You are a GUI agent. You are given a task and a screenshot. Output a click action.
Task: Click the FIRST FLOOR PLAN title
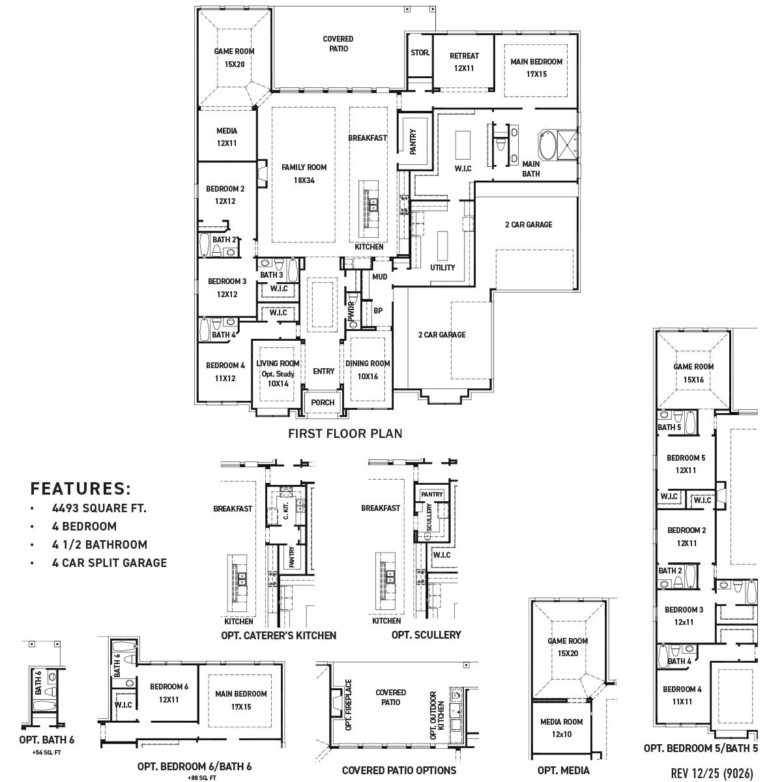click(x=345, y=433)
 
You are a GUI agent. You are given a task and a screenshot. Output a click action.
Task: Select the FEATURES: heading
click(x=81, y=489)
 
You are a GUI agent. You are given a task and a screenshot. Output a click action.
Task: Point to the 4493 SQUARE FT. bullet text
click(x=99, y=508)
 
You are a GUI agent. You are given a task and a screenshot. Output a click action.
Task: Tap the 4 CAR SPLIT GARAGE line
click(x=109, y=563)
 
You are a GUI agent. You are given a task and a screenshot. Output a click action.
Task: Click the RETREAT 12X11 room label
click(x=464, y=62)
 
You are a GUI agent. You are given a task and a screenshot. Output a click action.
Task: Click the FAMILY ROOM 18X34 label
click(x=304, y=173)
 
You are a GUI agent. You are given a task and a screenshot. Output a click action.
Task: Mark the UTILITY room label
click(x=442, y=268)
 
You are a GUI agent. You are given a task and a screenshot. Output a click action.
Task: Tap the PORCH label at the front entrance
click(x=323, y=403)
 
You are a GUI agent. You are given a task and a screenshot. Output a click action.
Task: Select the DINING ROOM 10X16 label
click(x=368, y=369)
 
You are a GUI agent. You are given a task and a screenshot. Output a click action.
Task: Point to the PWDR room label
click(x=351, y=307)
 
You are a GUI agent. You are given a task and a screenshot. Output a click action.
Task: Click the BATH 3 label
click(x=271, y=275)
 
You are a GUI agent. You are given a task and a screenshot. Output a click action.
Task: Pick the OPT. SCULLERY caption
click(x=426, y=635)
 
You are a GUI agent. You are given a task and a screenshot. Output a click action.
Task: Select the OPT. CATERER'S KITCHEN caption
click(x=279, y=635)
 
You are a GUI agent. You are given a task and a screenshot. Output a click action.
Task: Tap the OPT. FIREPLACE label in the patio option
click(x=349, y=704)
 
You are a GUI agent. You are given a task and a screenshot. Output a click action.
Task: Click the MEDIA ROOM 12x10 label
click(x=561, y=728)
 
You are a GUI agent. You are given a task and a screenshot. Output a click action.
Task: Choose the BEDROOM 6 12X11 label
click(x=169, y=693)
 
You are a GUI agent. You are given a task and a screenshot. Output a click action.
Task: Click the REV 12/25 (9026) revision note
click(x=712, y=773)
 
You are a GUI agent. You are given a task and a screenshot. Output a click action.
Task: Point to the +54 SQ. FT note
click(x=46, y=753)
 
